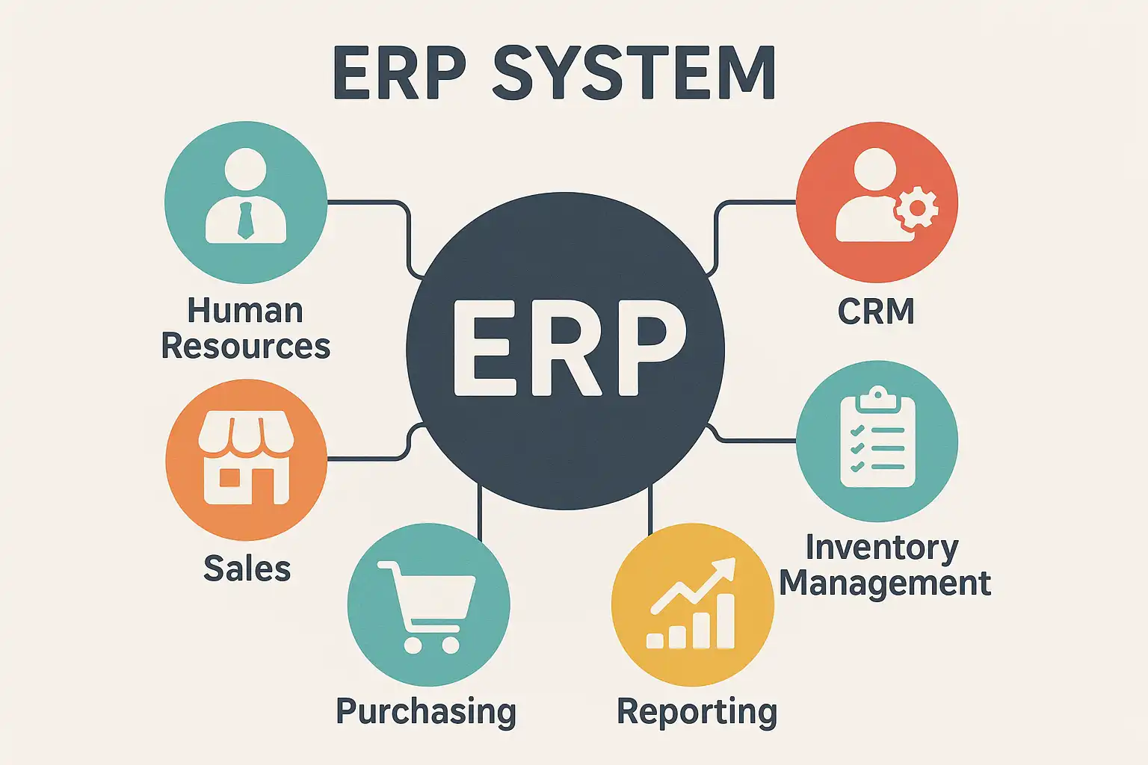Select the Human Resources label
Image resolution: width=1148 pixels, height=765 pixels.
click(x=245, y=329)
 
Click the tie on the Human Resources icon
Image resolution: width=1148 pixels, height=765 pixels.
click(x=245, y=220)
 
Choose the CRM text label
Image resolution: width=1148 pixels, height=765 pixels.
click(x=876, y=312)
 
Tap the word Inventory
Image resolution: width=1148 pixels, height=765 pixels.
click(x=882, y=548)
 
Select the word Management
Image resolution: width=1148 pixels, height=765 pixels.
click(x=885, y=583)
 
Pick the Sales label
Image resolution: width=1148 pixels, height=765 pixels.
click(x=247, y=569)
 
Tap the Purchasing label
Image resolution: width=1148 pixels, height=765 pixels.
click(x=426, y=711)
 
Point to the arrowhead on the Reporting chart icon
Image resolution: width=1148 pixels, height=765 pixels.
click(x=724, y=569)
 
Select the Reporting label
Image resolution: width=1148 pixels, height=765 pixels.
click(x=697, y=711)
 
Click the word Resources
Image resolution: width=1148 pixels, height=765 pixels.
click(x=245, y=347)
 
